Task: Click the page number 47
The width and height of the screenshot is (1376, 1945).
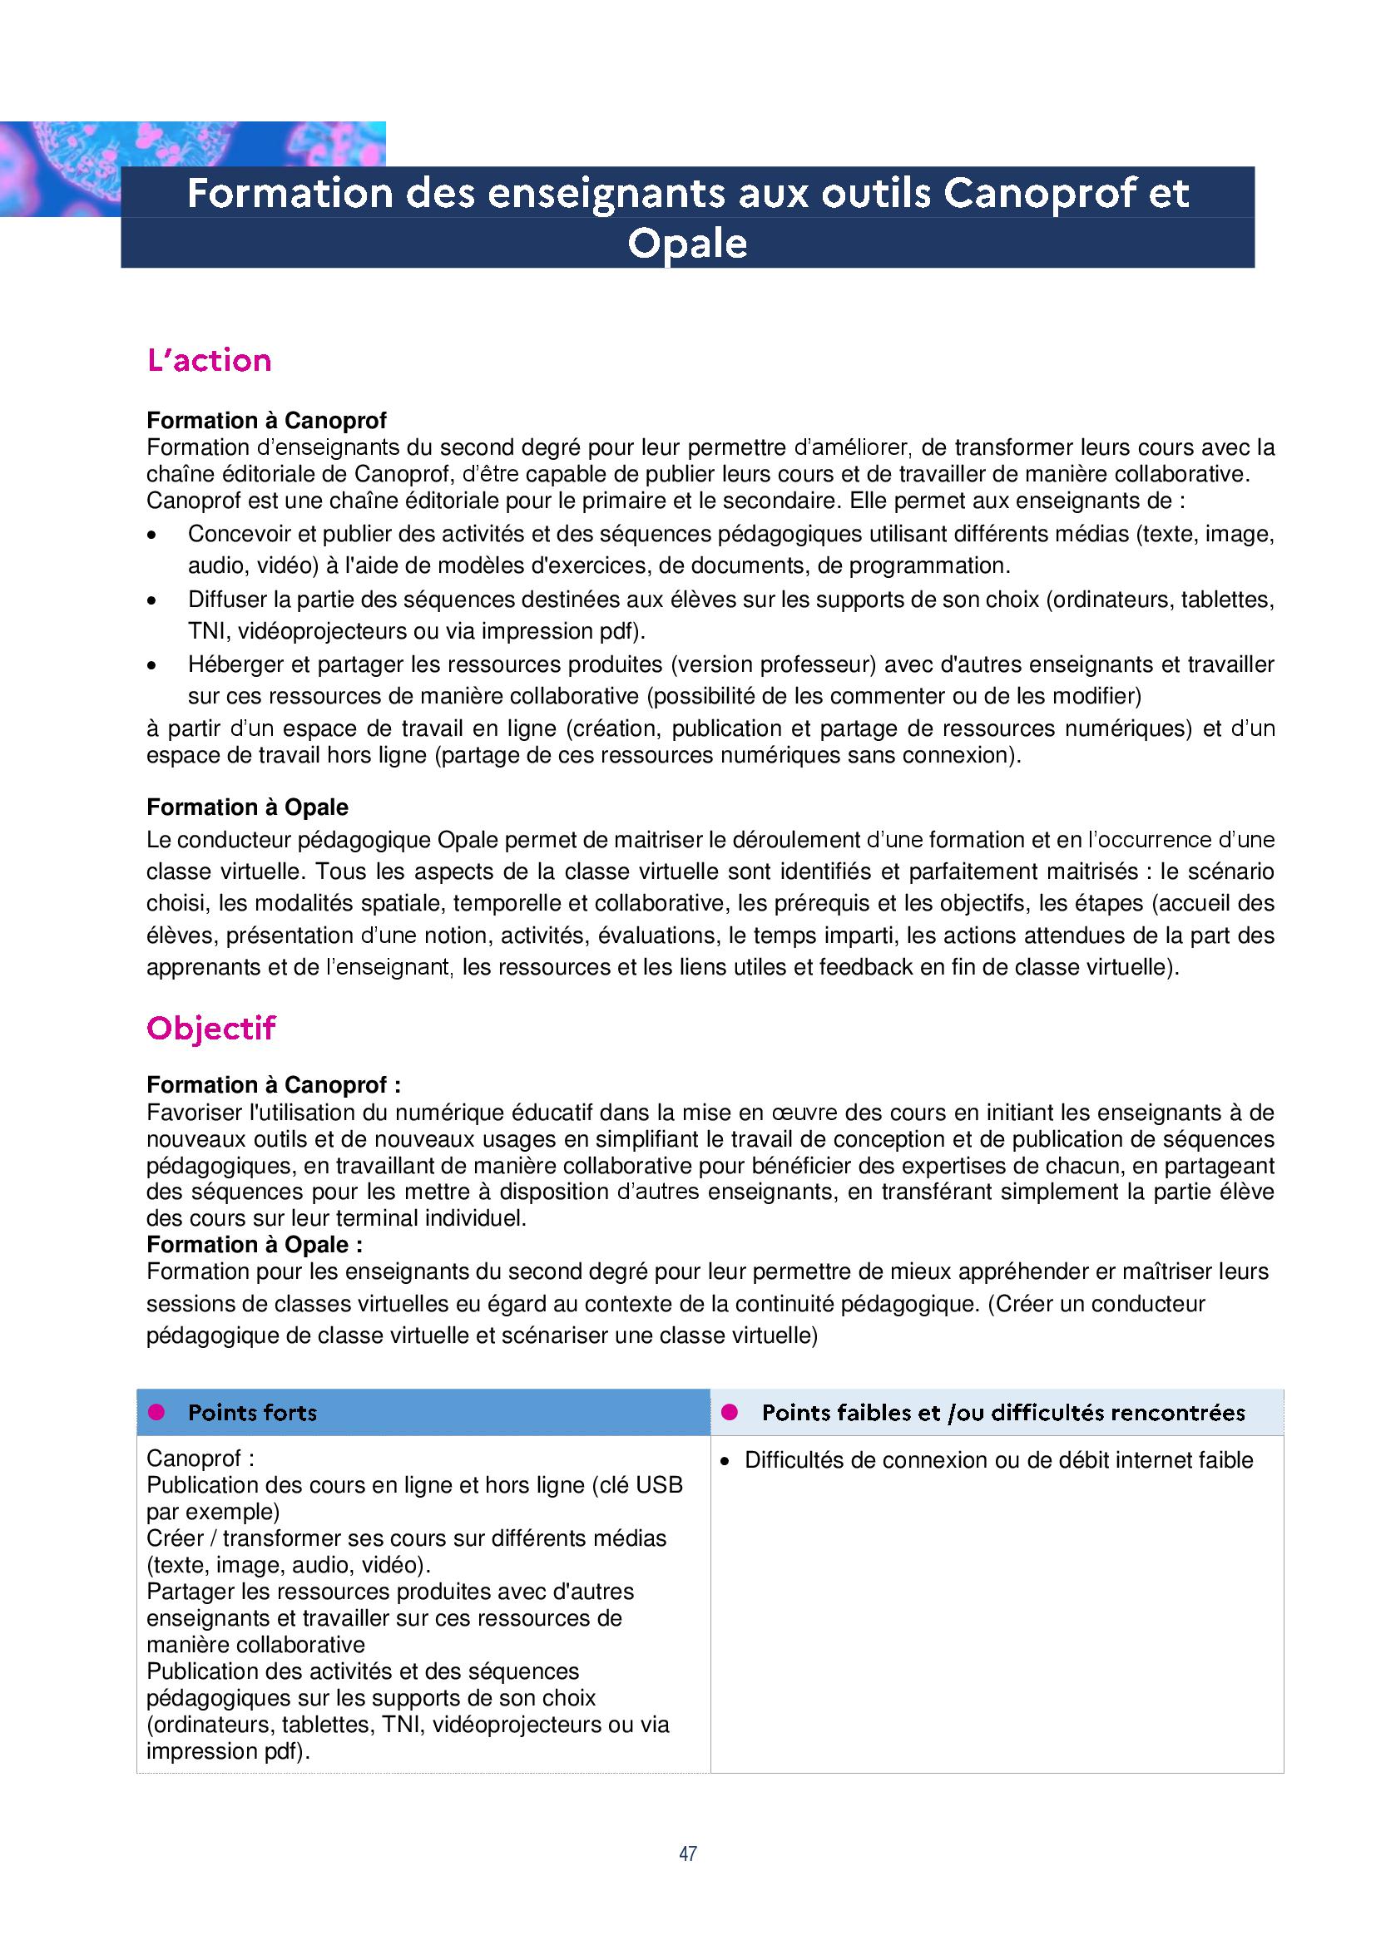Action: (687, 1854)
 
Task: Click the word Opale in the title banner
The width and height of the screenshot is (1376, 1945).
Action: (687, 244)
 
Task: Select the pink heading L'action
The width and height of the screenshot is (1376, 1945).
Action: (210, 361)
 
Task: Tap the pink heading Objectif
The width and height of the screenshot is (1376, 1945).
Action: (211, 1029)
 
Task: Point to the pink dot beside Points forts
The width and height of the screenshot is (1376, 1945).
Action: (156, 1412)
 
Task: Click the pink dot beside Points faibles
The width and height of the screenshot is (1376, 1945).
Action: (730, 1412)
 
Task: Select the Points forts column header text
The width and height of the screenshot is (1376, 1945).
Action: (253, 1413)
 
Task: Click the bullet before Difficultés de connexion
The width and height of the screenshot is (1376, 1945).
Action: (725, 1461)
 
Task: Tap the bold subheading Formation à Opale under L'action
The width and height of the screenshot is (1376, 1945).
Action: (247, 807)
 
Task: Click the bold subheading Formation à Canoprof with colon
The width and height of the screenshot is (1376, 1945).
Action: (273, 1085)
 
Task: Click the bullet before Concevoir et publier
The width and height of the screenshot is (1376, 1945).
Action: (152, 536)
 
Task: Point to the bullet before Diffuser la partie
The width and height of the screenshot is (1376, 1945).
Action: (152, 601)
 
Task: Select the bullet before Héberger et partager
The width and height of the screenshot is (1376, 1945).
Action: (152, 667)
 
